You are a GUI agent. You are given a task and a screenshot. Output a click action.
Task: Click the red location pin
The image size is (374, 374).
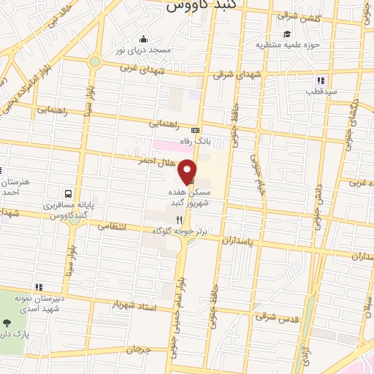click(188, 169)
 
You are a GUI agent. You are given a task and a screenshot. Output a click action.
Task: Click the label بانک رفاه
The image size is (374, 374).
click(195, 142)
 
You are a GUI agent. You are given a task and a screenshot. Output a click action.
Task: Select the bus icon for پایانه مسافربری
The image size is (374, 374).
click(68, 194)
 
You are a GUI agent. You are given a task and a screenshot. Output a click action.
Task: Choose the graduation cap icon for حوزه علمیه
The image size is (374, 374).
click(288, 34)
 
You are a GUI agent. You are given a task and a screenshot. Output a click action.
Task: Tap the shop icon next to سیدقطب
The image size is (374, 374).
click(319, 80)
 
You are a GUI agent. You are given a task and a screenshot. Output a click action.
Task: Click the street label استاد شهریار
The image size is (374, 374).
click(136, 304)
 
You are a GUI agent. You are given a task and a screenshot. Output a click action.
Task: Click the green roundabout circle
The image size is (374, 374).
click(94, 62)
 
